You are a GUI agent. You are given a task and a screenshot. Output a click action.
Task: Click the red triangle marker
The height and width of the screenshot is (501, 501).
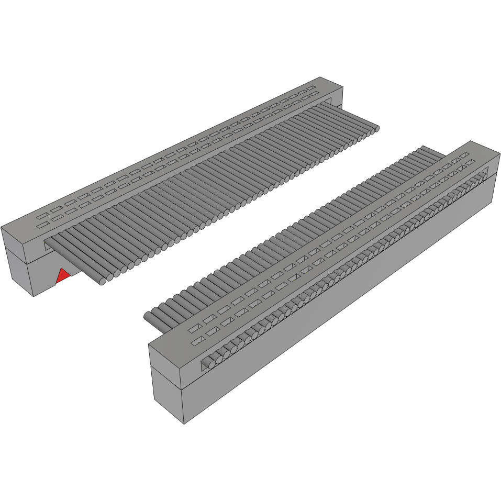[63, 275]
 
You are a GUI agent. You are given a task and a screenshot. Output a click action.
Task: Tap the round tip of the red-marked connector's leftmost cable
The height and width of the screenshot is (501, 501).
[102, 282]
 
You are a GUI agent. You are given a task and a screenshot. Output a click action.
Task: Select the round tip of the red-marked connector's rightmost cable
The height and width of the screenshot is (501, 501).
[376, 128]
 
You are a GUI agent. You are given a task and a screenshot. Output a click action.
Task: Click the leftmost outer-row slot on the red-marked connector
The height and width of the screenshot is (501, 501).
[41, 215]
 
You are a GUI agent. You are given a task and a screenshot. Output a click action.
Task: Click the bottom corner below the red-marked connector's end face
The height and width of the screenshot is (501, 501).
[34, 296]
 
